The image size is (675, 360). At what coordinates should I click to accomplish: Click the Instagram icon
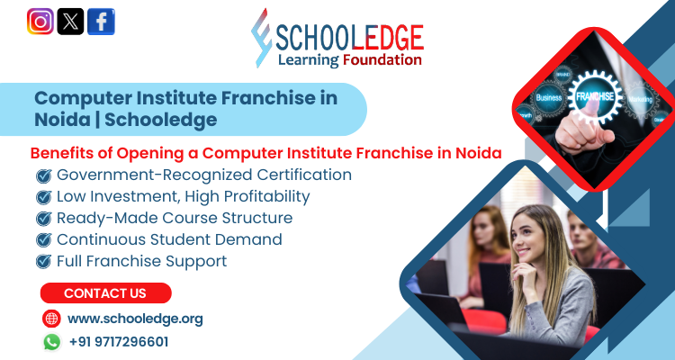click(x=40, y=21)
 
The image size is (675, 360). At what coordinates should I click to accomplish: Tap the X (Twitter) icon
click(x=70, y=21)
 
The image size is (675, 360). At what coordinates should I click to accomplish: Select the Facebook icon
click(x=101, y=21)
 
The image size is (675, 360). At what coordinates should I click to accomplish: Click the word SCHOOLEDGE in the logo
click(x=351, y=36)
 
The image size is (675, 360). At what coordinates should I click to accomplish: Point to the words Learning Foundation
click(x=350, y=60)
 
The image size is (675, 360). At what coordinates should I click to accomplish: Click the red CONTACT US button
click(x=105, y=293)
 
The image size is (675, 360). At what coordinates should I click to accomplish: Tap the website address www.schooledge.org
click(x=135, y=319)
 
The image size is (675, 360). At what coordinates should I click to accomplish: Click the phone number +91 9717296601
click(x=119, y=342)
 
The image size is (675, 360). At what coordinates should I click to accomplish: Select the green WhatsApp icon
click(x=51, y=342)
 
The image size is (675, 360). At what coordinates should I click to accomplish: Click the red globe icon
click(x=51, y=319)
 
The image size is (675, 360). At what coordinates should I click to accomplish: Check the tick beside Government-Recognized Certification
click(x=42, y=175)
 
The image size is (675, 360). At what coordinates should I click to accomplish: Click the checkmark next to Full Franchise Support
click(x=42, y=262)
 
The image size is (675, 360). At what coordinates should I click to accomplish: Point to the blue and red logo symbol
click(x=262, y=38)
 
